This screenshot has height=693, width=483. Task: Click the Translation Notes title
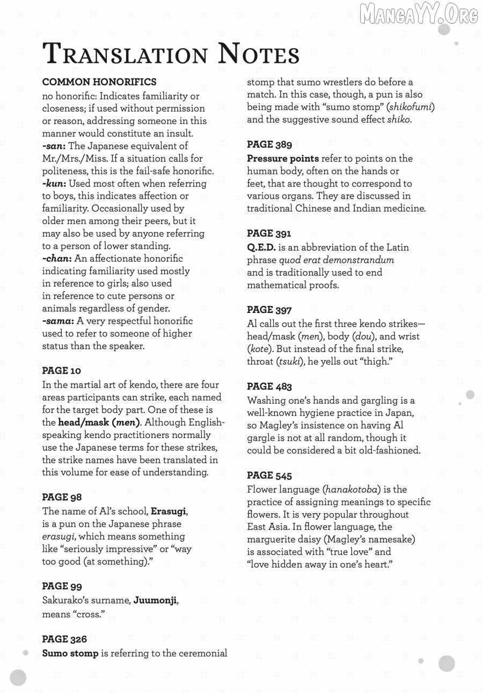171,55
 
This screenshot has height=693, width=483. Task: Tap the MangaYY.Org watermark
419,14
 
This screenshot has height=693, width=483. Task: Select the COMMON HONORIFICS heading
99,82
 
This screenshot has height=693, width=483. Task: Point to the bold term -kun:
54,184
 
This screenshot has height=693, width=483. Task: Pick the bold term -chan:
57,258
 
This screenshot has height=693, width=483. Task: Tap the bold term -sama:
58,321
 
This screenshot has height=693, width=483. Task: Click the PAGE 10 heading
62,371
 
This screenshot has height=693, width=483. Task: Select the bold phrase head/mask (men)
99,422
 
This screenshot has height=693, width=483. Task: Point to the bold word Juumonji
155,600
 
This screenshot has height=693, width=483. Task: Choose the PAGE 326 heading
64,639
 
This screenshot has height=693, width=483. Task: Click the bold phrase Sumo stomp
70,653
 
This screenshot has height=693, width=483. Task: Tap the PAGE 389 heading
269,144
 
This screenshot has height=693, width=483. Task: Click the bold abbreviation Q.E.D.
261,247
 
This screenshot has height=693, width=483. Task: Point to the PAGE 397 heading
269,310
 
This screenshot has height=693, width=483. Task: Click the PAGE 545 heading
269,476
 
